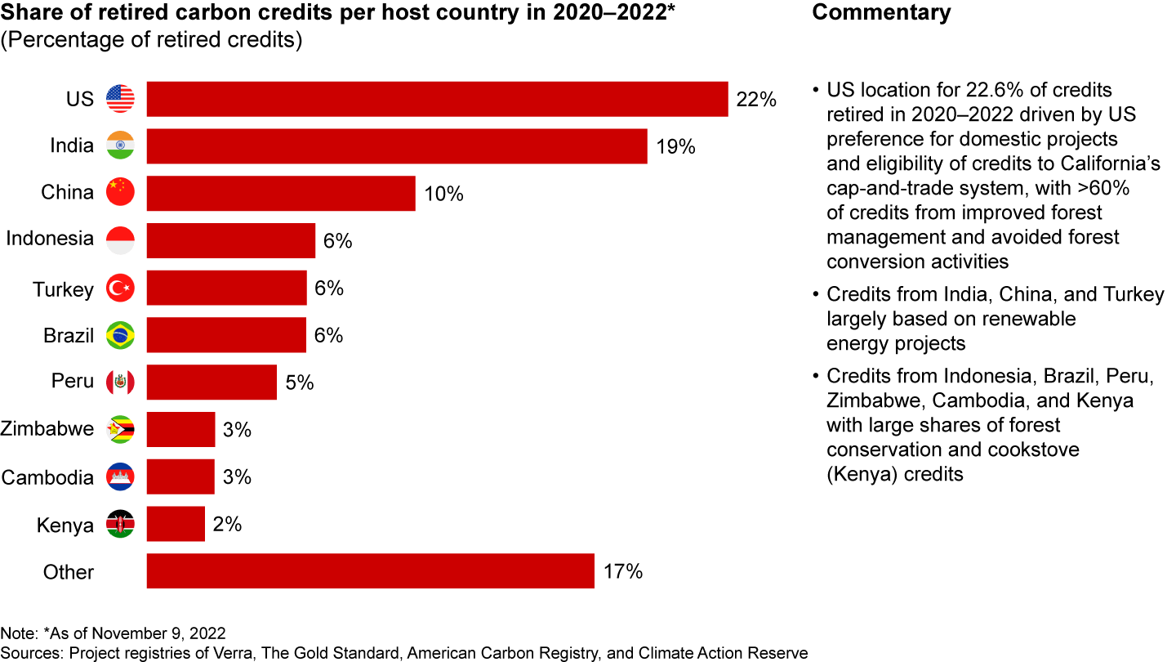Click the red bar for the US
pyautogui.click(x=437, y=99)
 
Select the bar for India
pyautogui.click(x=397, y=146)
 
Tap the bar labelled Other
pyautogui.click(x=370, y=571)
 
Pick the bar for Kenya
pyautogui.click(x=176, y=524)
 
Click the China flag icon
pyautogui.click(x=120, y=193)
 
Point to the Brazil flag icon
pyautogui.click(x=120, y=335)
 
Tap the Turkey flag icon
pyautogui.click(x=120, y=288)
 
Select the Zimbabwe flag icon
pyautogui.click(x=120, y=429)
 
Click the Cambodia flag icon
pyautogui.click(x=120, y=477)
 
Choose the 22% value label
pyautogui.click(x=756, y=100)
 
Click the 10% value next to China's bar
pyautogui.click(x=443, y=194)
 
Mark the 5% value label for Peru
pyautogui.click(x=299, y=382)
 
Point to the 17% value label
pyautogui.click(x=622, y=572)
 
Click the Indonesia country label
pyautogui.click(x=50, y=239)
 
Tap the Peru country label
pyautogui.click(x=72, y=382)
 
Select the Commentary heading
pyautogui.click(x=881, y=13)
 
